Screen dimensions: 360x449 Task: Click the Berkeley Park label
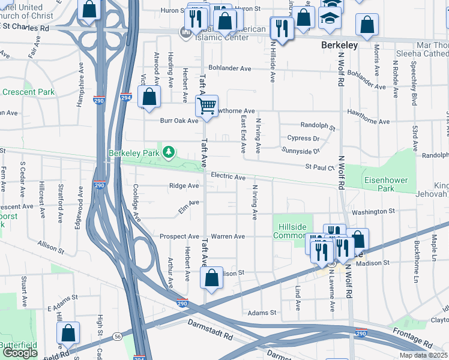[x=133, y=153]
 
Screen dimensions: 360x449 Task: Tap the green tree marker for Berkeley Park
[x=169, y=152]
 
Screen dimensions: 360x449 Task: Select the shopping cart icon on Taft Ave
[x=206, y=106]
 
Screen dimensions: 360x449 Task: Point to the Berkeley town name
[x=339, y=45]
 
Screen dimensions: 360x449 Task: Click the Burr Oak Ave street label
[x=178, y=121]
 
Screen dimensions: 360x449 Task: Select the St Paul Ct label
[x=319, y=167]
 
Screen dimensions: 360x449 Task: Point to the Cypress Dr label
[x=303, y=138]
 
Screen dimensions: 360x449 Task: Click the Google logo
[x=20, y=353]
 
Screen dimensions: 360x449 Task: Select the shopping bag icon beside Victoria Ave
[x=149, y=97]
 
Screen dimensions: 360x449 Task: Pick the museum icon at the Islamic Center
[x=186, y=31]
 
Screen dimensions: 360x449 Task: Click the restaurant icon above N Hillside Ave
[x=281, y=27]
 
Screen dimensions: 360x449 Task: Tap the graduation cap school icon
[x=329, y=19]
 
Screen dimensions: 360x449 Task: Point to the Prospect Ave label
[x=179, y=236]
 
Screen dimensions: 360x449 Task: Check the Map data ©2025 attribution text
[x=423, y=355]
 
